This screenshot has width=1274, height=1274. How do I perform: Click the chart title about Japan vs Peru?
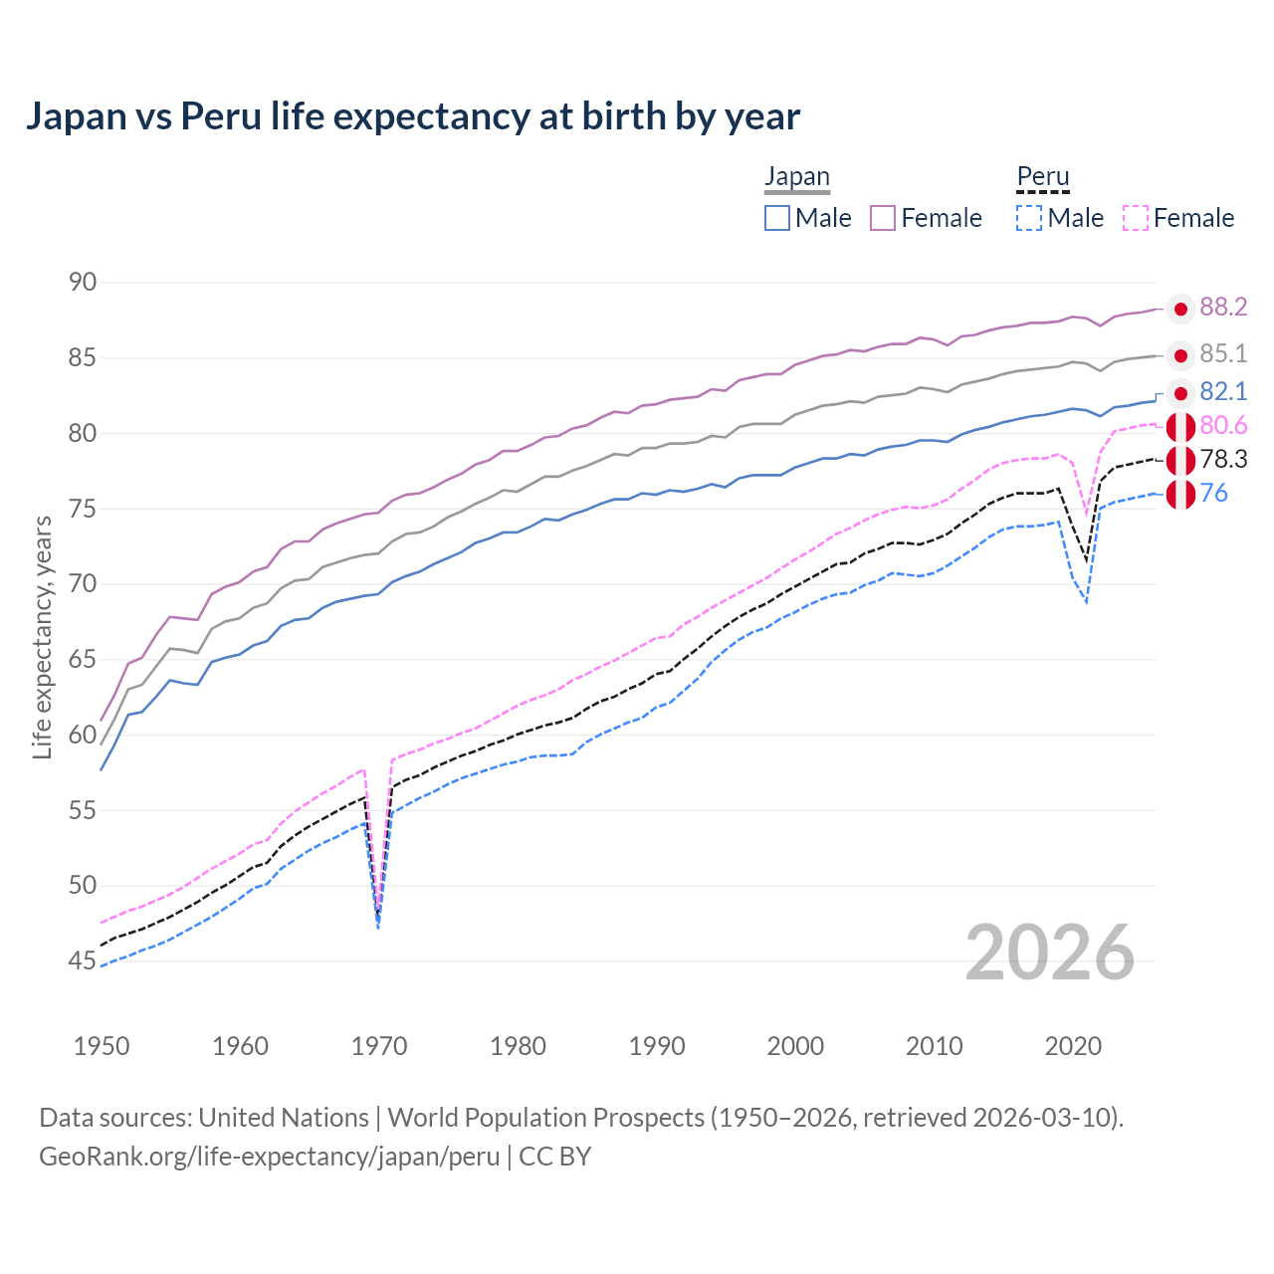pyautogui.click(x=412, y=116)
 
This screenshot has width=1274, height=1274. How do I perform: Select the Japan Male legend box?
pyautogui.click(x=777, y=218)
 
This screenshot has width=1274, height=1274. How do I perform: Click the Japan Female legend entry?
pyautogui.click(x=927, y=218)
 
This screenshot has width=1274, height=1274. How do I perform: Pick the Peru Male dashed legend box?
pyautogui.click(x=1029, y=218)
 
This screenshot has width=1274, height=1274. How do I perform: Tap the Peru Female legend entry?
pyautogui.click(x=1179, y=218)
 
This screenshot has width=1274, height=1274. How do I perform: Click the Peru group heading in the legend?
pyautogui.click(x=1043, y=177)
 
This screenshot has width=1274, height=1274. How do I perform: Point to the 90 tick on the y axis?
pyautogui.click(x=83, y=283)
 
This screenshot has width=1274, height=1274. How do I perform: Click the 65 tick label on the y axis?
pyautogui.click(x=83, y=660)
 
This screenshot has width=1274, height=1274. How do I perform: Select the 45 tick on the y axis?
pyautogui.click(x=83, y=961)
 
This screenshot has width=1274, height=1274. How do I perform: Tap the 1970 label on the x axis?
pyautogui.click(x=379, y=1046)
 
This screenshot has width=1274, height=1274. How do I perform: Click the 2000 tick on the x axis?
pyautogui.click(x=795, y=1046)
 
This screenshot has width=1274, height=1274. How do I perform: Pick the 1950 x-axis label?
pyautogui.click(x=102, y=1046)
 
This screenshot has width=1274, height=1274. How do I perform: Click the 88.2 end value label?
pyautogui.click(x=1223, y=308)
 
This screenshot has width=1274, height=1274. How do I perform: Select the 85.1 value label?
pyautogui.click(x=1223, y=354)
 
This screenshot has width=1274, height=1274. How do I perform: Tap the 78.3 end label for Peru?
pyautogui.click(x=1223, y=460)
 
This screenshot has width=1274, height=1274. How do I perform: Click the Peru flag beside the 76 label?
pyautogui.click(x=1180, y=494)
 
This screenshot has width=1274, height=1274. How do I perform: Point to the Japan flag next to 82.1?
pyautogui.click(x=1180, y=392)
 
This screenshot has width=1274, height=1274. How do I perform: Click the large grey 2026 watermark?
pyautogui.click(x=1049, y=954)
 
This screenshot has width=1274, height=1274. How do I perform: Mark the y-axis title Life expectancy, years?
pyautogui.click(x=43, y=637)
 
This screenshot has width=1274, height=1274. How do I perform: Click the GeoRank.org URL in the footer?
pyautogui.click(x=269, y=1157)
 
